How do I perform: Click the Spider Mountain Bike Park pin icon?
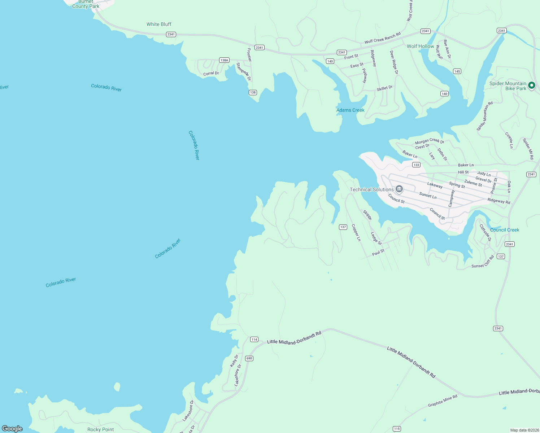[531, 86]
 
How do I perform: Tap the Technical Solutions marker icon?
[399, 189]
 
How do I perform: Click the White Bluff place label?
[159, 24]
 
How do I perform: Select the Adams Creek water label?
[350, 110]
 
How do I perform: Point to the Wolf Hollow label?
[420, 46]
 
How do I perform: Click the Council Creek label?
[504, 230]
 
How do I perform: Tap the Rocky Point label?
[100, 429]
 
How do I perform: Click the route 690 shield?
[249, 358]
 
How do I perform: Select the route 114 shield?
[254, 339]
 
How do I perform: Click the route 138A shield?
[224, 60]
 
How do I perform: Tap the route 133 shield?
[416, 165]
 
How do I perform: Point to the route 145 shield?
[457, 71]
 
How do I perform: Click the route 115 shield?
[397, 429]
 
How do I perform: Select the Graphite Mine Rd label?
[443, 401]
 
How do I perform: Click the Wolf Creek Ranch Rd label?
[382, 38]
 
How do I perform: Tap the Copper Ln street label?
[356, 233]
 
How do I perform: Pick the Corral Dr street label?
[211, 74]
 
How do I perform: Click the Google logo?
[12, 428]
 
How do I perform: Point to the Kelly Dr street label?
[234, 361]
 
